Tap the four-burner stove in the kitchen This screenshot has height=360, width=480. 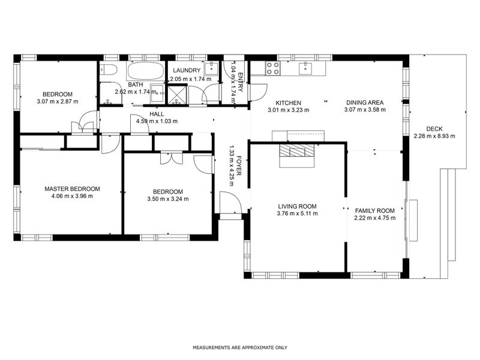click(x=272, y=67)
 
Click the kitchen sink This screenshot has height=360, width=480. click(x=306, y=67)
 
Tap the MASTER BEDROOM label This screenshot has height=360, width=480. click(x=72, y=188)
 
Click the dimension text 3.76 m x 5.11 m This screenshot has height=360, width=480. click(x=297, y=213)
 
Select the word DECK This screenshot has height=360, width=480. click(x=434, y=128)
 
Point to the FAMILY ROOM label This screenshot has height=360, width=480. click(x=374, y=211)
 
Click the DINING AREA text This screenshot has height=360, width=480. click(x=364, y=103)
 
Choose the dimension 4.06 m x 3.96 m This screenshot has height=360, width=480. click(x=72, y=196)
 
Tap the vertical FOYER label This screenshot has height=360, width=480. click(x=239, y=164)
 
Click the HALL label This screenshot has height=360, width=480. click(x=157, y=113)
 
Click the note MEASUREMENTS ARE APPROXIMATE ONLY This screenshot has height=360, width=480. click(x=240, y=347)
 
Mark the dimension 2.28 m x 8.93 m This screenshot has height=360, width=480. click(x=434, y=136)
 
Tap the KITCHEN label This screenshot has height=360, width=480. click(x=288, y=103)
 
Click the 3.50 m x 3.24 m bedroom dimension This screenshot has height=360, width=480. click(x=168, y=199)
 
